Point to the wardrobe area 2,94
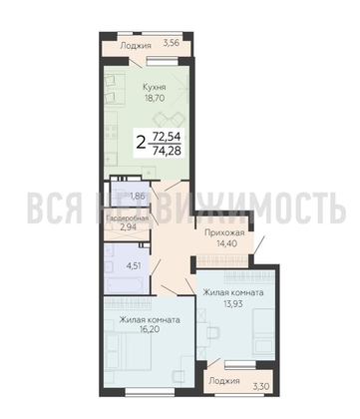(131, 228)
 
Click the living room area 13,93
(233, 304)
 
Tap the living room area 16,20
(149, 331)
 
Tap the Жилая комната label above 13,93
(233, 292)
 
